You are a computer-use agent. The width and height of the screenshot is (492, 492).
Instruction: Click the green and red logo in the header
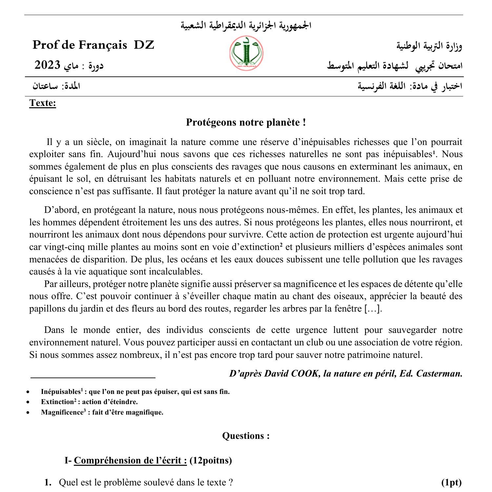(246, 53)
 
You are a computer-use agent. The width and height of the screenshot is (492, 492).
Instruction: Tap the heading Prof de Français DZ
(93, 45)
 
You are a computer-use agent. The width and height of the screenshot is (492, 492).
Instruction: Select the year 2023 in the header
(48, 65)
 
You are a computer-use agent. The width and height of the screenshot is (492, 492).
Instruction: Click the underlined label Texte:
(43, 103)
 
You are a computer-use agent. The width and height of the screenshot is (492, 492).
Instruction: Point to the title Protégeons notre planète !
(246, 122)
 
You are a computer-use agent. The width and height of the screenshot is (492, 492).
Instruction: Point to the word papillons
(46, 309)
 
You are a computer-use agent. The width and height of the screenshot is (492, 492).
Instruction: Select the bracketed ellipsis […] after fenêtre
(373, 309)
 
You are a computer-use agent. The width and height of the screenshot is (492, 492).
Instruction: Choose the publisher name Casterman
(439, 374)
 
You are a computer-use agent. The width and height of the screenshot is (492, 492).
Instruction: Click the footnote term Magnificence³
(63, 412)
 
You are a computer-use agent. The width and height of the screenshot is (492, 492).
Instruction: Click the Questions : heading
(246, 436)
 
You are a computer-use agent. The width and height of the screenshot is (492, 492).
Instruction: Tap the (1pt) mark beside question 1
(451, 482)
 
